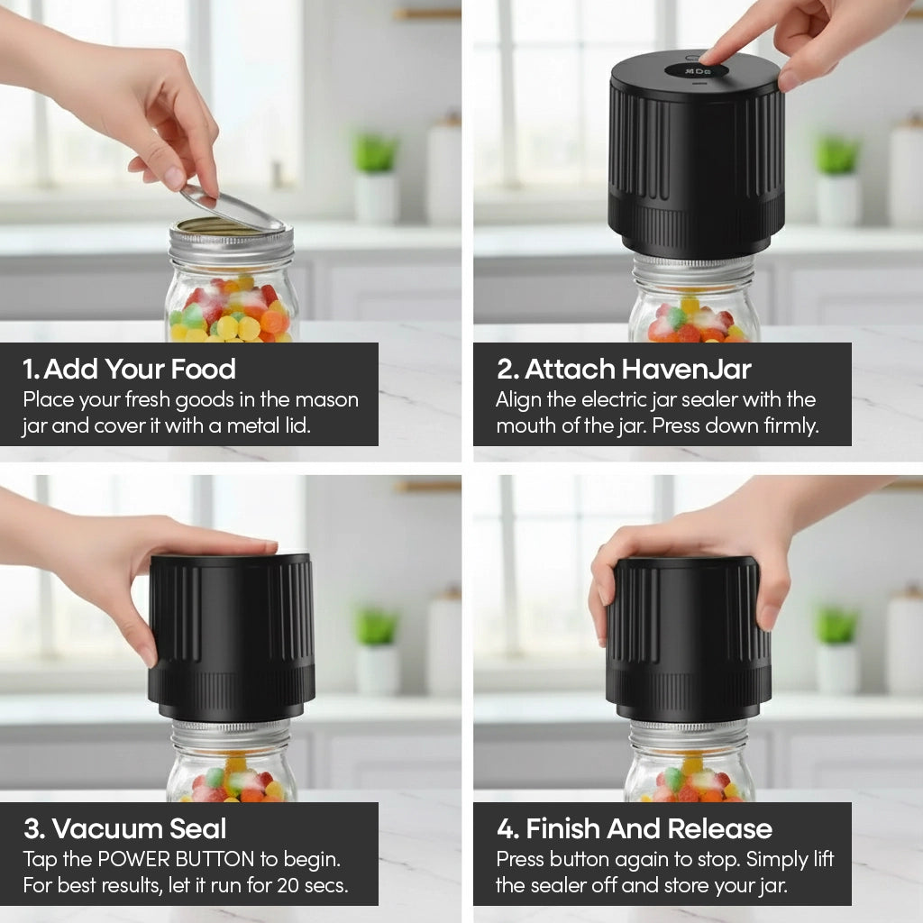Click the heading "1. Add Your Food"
pyautogui.click(x=129, y=369)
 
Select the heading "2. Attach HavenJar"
pyautogui.click(x=624, y=369)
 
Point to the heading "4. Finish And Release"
pyautogui.click(x=634, y=828)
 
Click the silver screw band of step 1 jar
pyautogui.click(x=232, y=244)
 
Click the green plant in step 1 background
pyautogui.click(x=375, y=153)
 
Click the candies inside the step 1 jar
pyautogui.click(x=231, y=315)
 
